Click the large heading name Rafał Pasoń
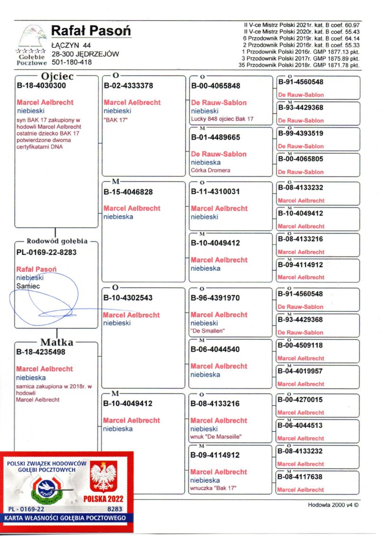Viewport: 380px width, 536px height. [90, 31]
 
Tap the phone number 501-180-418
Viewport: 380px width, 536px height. [72, 62]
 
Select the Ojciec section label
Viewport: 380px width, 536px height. [56, 76]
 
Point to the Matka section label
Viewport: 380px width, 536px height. [57, 342]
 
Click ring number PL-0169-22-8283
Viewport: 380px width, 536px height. [46, 252]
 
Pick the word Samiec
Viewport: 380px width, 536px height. [28, 286]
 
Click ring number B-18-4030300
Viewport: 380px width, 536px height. [41, 86]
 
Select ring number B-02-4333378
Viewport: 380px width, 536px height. [128, 86]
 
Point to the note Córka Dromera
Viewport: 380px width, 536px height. [210, 170]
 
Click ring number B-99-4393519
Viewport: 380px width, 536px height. [300, 133]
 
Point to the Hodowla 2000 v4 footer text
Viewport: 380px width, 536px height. [333, 505]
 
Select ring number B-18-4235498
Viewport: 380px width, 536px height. [41, 352]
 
